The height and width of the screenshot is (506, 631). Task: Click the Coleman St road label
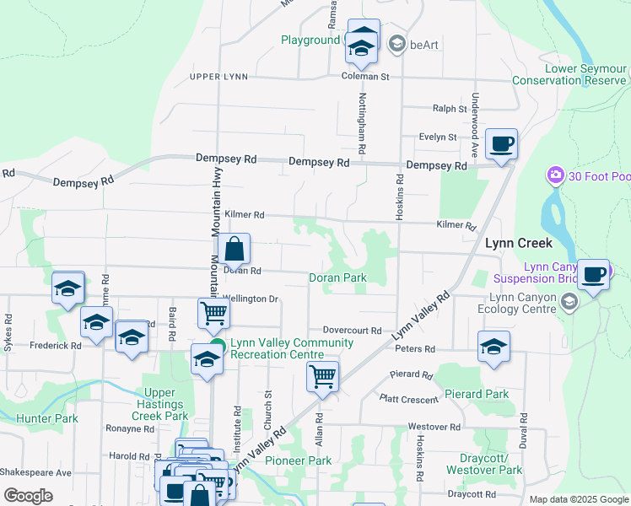coord(364,77)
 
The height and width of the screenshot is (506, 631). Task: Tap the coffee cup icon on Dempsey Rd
coord(501,144)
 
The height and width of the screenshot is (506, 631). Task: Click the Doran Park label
coord(337,277)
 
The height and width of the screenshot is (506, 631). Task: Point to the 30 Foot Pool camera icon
coord(555,175)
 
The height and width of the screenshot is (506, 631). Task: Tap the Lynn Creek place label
coord(518,243)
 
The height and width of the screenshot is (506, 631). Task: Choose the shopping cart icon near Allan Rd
coord(322,377)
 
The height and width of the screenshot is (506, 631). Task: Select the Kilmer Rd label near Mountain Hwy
coord(245,215)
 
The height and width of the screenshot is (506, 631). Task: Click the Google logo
coord(28,496)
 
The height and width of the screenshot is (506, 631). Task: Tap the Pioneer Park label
coord(298,460)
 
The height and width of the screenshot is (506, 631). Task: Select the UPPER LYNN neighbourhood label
coord(218,77)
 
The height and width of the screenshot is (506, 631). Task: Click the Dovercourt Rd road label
coord(352,331)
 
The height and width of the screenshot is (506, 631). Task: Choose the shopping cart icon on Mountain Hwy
coord(214,314)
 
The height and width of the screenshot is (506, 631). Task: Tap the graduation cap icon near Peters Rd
coord(493,346)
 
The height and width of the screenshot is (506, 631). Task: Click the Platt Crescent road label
coord(409,399)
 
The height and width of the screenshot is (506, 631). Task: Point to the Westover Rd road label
coord(434,427)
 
